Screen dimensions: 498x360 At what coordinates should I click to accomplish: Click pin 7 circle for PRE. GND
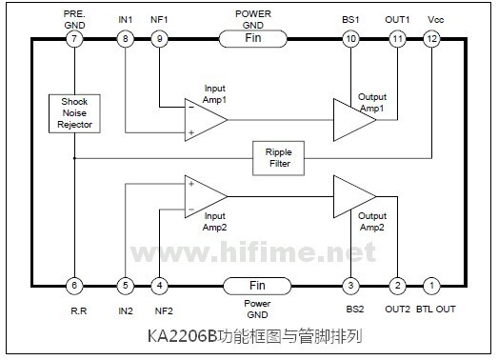coord(74,39)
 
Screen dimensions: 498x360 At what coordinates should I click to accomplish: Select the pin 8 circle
coord(126,39)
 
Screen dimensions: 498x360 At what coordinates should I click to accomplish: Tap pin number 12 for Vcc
coord(431,39)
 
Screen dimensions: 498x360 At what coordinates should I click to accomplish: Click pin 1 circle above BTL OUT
coord(431,286)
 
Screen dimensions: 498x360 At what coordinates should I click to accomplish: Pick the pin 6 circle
coord(74,286)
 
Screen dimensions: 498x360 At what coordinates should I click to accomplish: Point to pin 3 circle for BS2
coord(350,286)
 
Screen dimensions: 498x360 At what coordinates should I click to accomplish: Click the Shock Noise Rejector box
coord(74,113)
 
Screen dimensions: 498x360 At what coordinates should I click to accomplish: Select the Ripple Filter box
coord(278,158)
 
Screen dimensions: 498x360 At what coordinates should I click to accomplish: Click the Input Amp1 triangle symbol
coord(206,120)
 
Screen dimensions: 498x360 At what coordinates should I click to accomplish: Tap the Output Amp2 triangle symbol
coord(354,197)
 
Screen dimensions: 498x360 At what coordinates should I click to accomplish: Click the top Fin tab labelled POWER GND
coord(253,39)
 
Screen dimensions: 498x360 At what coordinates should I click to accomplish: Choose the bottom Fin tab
coord(257,286)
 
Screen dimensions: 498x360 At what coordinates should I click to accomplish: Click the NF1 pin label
coord(159,20)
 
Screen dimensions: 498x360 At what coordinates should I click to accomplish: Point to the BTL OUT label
coord(436,310)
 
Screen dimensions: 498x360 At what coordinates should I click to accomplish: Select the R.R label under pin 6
coord(79,310)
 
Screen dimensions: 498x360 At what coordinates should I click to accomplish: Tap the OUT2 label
coord(398,310)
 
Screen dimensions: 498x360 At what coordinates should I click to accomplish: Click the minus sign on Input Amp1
coord(191,108)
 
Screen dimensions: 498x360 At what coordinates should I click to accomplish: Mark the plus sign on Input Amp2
coord(191,184)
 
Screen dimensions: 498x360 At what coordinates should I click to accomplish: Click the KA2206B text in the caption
coord(182,336)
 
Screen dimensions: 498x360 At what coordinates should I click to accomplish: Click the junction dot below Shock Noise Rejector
coord(74,158)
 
